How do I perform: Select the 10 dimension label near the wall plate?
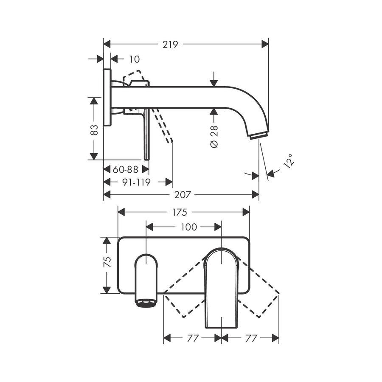[x=134, y=59]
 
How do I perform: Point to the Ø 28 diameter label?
[x=214, y=137]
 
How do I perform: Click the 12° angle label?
[x=289, y=162]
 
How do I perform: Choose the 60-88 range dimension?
[x=126, y=169]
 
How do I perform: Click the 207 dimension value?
[x=183, y=195]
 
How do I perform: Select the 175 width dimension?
[x=183, y=212]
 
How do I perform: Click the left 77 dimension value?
[x=193, y=338]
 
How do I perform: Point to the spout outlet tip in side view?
[x=258, y=135]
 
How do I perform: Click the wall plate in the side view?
[x=107, y=98]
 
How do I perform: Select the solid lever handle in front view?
[x=221, y=289]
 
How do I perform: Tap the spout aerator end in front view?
[x=146, y=302]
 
